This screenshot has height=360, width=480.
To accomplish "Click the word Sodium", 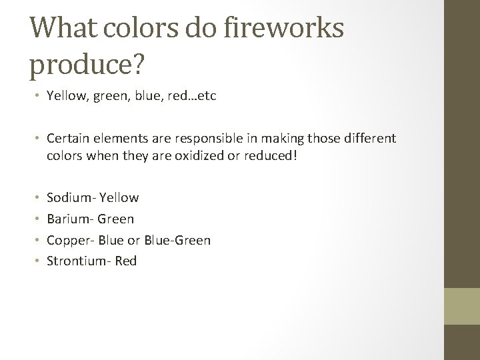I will coord(70,197).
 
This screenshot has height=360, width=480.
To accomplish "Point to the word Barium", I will coord(69,219).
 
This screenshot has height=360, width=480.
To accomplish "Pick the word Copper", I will coord(69,240).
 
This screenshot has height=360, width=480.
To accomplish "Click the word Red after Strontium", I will coord(126,261).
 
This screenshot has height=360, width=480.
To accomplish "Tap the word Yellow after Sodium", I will coord(119,197).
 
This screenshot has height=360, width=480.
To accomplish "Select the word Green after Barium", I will coord(116,219).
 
